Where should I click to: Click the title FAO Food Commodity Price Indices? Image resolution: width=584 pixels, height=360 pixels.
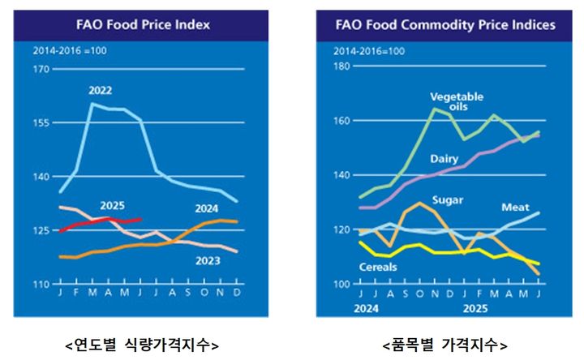tap(445, 25)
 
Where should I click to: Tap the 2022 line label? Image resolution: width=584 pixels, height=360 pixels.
tap(101, 90)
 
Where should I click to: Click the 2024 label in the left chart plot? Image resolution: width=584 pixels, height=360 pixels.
tap(209, 208)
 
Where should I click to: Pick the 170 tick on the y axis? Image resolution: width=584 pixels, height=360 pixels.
tap(41, 69)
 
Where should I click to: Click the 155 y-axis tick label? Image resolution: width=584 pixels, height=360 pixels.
tap(41, 122)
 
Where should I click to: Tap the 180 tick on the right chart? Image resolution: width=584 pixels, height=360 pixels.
tap(343, 66)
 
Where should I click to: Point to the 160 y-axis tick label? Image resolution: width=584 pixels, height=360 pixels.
tap(343, 121)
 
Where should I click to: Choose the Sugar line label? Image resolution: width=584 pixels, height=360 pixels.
tap(447, 199)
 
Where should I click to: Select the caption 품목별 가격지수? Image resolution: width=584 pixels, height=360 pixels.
tap(444, 344)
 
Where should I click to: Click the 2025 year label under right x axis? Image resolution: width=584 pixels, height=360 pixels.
tap(472, 308)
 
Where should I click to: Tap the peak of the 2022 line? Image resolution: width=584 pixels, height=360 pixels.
tap(91, 104)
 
